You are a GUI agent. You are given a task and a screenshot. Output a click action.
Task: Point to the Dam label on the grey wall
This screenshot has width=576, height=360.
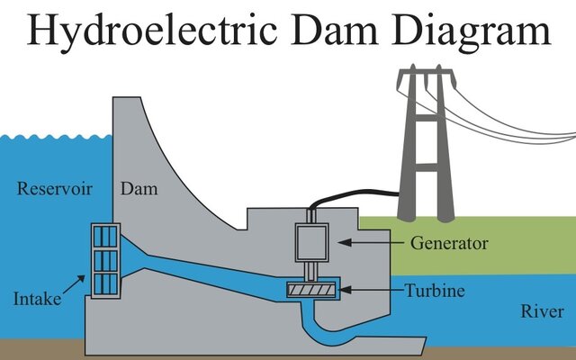click(139, 189)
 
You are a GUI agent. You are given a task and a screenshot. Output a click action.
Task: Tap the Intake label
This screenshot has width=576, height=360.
click(36, 296)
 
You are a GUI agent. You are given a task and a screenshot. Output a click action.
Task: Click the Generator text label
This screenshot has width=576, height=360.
click(449, 243)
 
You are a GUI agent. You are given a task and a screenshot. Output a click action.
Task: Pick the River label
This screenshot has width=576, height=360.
click(543, 311)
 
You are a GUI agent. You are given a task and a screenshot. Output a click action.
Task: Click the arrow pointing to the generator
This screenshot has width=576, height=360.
click(369, 243)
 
